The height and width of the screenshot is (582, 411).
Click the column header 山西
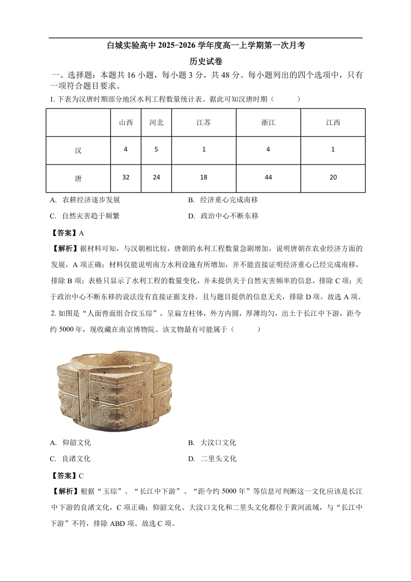(126, 123)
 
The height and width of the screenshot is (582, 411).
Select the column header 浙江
(268, 123)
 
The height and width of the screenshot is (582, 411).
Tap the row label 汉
(78, 151)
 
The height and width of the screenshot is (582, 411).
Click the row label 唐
(78, 178)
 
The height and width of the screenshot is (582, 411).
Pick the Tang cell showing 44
(268, 177)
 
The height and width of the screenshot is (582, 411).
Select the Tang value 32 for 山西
(126, 177)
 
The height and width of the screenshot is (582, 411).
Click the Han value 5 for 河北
(156, 149)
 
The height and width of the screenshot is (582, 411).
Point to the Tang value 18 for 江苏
(204, 177)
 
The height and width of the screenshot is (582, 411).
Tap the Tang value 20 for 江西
(333, 177)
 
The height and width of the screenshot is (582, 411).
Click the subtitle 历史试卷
(206, 61)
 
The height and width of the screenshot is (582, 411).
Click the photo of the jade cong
(114, 389)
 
